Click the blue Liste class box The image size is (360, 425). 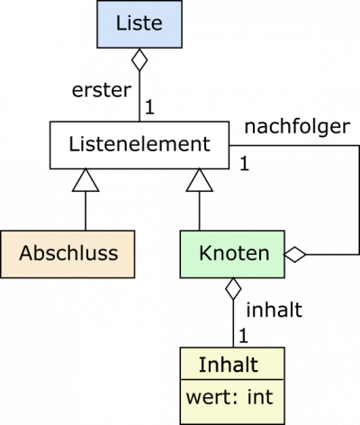[139, 24]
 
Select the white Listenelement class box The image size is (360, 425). [139, 145]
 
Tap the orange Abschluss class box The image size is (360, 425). [67, 254]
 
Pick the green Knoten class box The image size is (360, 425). [232, 254]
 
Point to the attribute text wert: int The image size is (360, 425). [229, 397]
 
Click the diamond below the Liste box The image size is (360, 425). [139, 59]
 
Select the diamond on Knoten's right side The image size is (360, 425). [295, 255]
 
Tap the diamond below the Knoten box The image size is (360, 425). [233, 289]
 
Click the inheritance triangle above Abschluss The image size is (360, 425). [85, 181]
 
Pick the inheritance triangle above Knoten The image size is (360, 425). [200, 181]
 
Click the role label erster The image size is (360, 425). [102, 90]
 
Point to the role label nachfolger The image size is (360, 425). [297, 127]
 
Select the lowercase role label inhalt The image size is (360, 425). [274, 310]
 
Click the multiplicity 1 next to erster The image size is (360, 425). [149, 107]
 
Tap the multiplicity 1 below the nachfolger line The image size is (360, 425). [244, 164]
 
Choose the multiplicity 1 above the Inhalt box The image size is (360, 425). [243, 336]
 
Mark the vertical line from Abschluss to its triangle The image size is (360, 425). [85, 211]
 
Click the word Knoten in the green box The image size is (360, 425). [234, 253]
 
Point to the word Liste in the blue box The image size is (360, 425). [139, 23]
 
